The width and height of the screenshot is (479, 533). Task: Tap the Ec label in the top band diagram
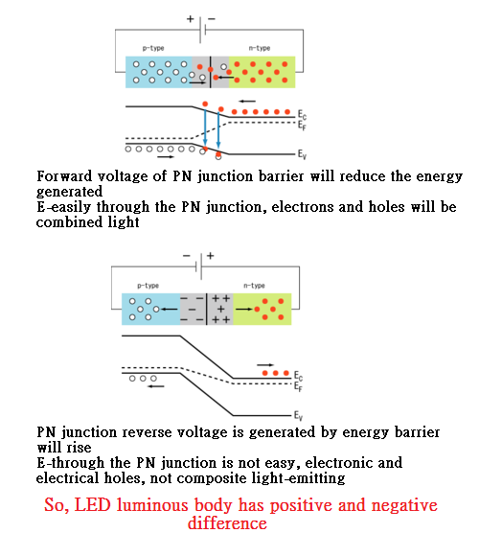click(303, 114)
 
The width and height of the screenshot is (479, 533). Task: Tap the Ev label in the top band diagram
click(303, 153)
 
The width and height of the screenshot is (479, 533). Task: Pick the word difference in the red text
click(227, 522)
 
